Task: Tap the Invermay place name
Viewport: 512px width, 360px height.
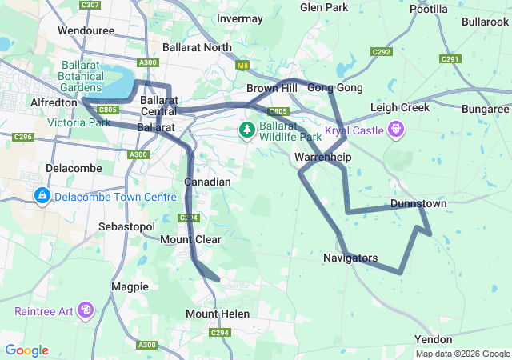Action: [239, 18]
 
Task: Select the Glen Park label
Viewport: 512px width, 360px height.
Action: [324, 7]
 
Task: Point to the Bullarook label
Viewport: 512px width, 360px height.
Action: [485, 21]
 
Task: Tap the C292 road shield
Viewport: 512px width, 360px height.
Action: [382, 52]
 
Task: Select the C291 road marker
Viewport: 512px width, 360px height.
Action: [450, 58]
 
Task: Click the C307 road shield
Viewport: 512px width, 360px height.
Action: [90, 5]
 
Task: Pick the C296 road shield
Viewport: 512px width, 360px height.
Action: [22, 137]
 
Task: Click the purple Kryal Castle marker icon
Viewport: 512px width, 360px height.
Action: [395, 129]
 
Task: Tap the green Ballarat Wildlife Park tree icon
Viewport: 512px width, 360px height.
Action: [247, 129]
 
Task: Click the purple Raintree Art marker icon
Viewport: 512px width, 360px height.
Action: [86, 310]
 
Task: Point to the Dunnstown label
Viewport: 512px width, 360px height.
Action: [418, 204]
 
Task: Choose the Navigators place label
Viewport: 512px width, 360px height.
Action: [350, 258]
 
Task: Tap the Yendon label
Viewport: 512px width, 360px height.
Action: [433, 340]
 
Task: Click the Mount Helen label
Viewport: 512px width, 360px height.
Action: [212, 314]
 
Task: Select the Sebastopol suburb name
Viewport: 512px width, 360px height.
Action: [126, 227]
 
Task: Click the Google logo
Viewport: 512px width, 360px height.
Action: [26, 350]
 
